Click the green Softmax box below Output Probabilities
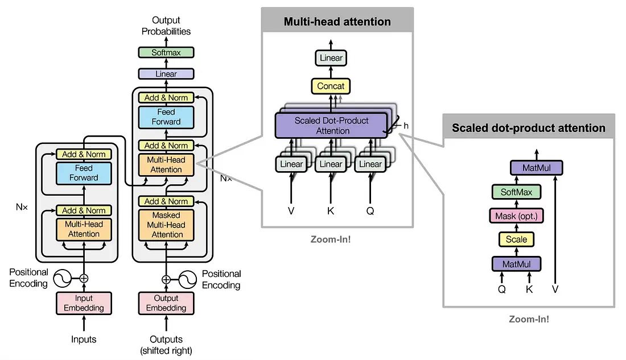pyautogui.click(x=166, y=52)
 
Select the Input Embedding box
pyautogui.click(x=84, y=303)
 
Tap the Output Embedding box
pyautogui.click(x=166, y=303)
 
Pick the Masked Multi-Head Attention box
pyautogui.click(x=166, y=225)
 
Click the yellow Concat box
pyautogui.click(x=331, y=86)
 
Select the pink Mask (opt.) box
pyautogui.click(x=516, y=216)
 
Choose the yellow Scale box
pyautogui.click(x=516, y=239)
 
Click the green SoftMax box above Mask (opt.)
pyautogui.click(x=516, y=192)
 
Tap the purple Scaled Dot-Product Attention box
pyautogui.click(x=331, y=125)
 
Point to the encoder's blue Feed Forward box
pyautogui.click(x=84, y=173)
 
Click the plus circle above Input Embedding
pyautogui.click(x=84, y=278)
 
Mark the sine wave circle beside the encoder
pyautogui.click(x=62, y=279)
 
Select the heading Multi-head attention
pyautogui.click(x=337, y=22)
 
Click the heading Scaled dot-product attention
pyautogui.click(x=529, y=128)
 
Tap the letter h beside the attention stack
pyautogui.click(x=406, y=126)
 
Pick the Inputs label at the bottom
pyautogui.click(x=84, y=340)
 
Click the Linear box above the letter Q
pyautogui.click(x=370, y=164)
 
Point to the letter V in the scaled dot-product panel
pyautogui.click(x=555, y=289)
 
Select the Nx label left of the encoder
pyautogui.click(x=22, y=207)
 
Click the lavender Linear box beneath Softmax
pyautogui.click(x=166, y=74)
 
